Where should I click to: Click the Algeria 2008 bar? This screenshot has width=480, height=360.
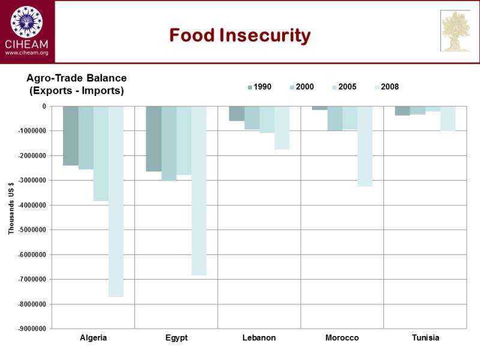point(116,202)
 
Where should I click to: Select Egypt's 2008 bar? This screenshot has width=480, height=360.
point(199,191)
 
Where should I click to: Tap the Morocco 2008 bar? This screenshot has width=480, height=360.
point(365,146)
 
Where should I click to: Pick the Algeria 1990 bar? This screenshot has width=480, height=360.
point(71,136)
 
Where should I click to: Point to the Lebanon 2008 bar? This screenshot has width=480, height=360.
point(282,128)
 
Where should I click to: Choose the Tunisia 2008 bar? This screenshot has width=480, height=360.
point(448,119)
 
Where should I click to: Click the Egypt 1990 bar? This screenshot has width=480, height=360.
point(154,139)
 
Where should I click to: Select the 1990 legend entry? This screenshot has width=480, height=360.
point(259,87)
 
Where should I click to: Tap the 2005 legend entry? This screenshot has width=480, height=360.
point(344,87)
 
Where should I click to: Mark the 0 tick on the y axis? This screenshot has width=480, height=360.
point(44,106)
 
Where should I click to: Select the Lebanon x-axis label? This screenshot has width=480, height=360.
point(259,338)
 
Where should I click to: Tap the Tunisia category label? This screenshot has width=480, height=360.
point(425,338)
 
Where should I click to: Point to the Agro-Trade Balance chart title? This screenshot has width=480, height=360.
point(76,79)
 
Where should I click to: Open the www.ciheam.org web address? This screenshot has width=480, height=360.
point(26,53)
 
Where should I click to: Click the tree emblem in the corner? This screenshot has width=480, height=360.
point(455,31)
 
